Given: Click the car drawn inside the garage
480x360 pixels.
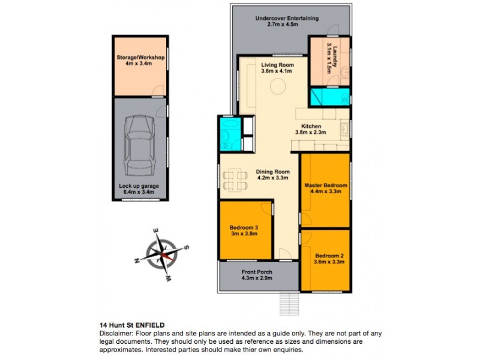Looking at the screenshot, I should pos(139,143).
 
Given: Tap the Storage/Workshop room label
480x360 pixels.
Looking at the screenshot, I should pos(140,58).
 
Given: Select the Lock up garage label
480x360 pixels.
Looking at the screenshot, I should pos(139,186).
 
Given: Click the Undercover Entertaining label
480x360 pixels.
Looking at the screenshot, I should pos(286,18).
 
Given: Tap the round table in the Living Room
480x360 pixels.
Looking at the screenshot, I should pos(277,88).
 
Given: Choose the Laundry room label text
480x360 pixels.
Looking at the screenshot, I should pos(329,59).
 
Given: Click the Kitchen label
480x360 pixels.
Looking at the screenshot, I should pos(311,126).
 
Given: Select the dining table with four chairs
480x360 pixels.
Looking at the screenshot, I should pos(234,178).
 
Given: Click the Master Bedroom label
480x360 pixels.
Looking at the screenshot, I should pos(325,185).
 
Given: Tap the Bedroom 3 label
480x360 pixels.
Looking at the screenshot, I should pos(244,227).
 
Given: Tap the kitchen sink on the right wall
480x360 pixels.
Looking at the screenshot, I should pos(344,128).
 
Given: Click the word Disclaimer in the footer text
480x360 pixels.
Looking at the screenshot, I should pos(114,332).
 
